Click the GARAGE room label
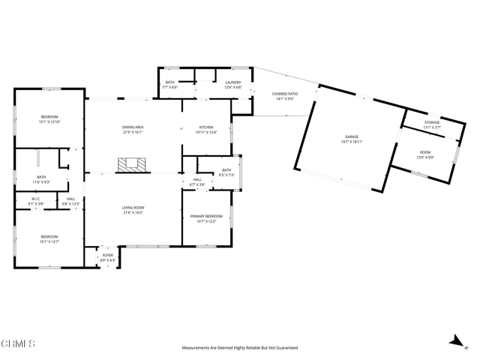point(352,136)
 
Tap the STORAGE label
point(431,122)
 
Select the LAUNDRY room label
point(232,82)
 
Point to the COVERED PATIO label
point(285,94)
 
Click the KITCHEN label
point(206,127)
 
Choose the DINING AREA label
point(133,127)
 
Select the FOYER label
point(108,256)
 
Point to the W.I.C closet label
point(34,199)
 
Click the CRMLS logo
point(18,344)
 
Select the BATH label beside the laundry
point(170,82)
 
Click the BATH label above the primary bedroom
point(226,170)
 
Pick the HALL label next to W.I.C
point(70,199)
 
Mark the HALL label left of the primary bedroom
point(197,180)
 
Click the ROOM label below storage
point(425,153)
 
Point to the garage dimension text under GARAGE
point(352,141)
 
